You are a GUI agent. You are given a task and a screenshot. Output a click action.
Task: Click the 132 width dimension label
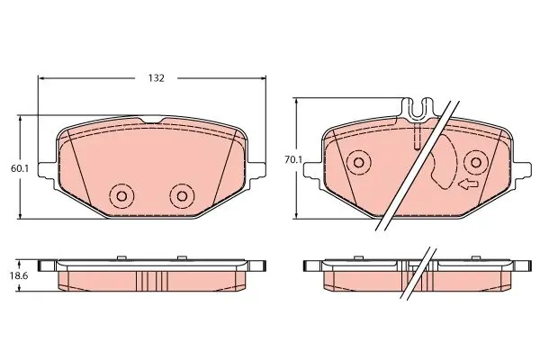pyautogui.click(x=156, y=78)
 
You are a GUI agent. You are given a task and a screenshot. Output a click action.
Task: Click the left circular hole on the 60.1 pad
pyautogui.click(x=121, y=196)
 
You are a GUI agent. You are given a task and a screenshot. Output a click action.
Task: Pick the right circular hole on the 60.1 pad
pyautogui.click(x=183, y=196)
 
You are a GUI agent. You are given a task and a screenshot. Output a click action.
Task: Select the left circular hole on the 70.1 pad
pyautogui.click(x=359, y=163)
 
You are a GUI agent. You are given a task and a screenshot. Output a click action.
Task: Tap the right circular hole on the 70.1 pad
pyautogui.click(x=474, y=163)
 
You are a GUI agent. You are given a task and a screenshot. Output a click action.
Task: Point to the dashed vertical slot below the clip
pyautogui.click(x=417, y=138)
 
